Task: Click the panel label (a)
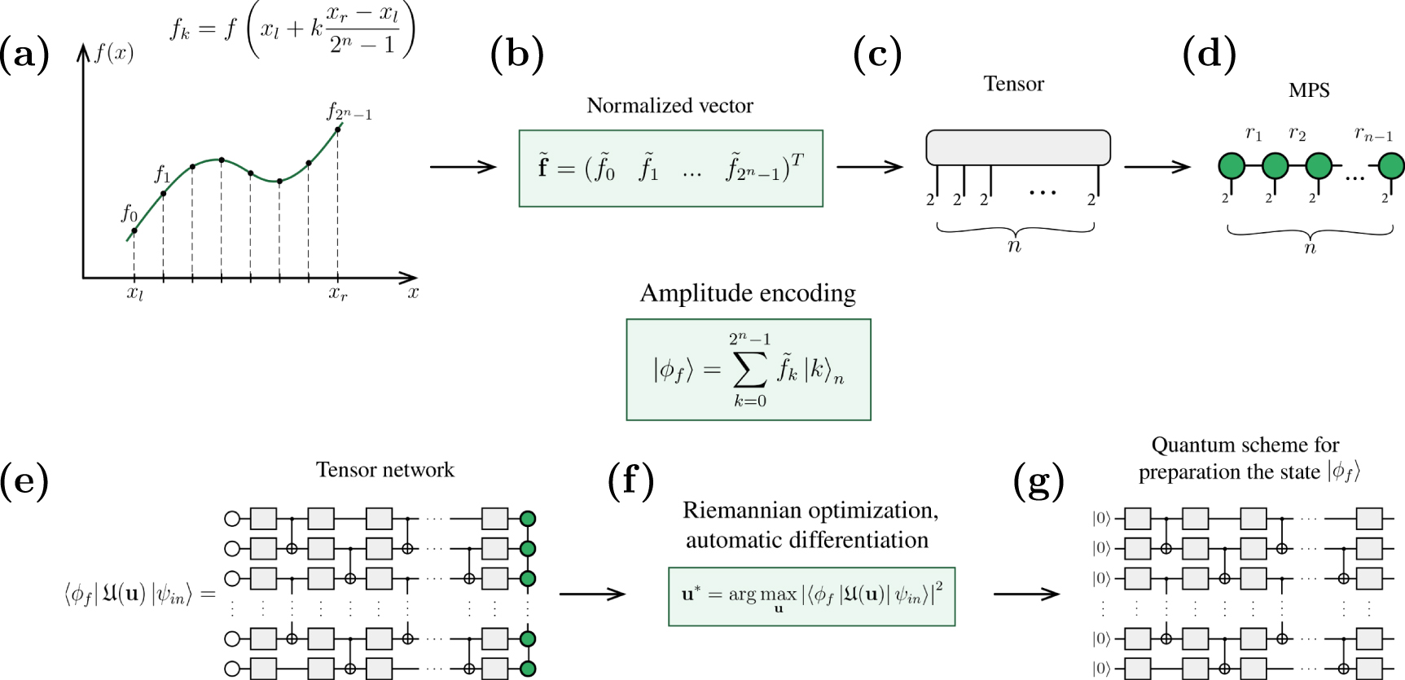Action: tap(24, 55)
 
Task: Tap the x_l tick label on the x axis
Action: tap(134, 294)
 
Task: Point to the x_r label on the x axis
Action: tap(338, 294)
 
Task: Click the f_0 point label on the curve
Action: tap(129, 213)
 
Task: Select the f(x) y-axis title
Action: tap(113, 54)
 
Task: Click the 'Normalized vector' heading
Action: tap(670, 106)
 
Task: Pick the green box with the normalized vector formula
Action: tap(670, 169)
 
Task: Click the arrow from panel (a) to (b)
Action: tap(463, 167)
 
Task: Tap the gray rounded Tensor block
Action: tap(1017, 147)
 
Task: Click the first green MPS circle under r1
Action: tap(1232, 166)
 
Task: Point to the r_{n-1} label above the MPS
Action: tap(1373, 134)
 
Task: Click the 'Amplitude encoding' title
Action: tap(748, 293)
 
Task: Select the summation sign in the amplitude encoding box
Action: tap(749, 371)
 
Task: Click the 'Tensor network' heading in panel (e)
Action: tap(384, 470)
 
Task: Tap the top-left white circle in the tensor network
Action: tap(232, 518)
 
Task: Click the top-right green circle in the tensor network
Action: tap(527, 518)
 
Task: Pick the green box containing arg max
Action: tap(810, 596)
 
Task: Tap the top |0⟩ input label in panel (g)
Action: tap(1100, 519)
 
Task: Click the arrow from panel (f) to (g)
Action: tap(1026, 594)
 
